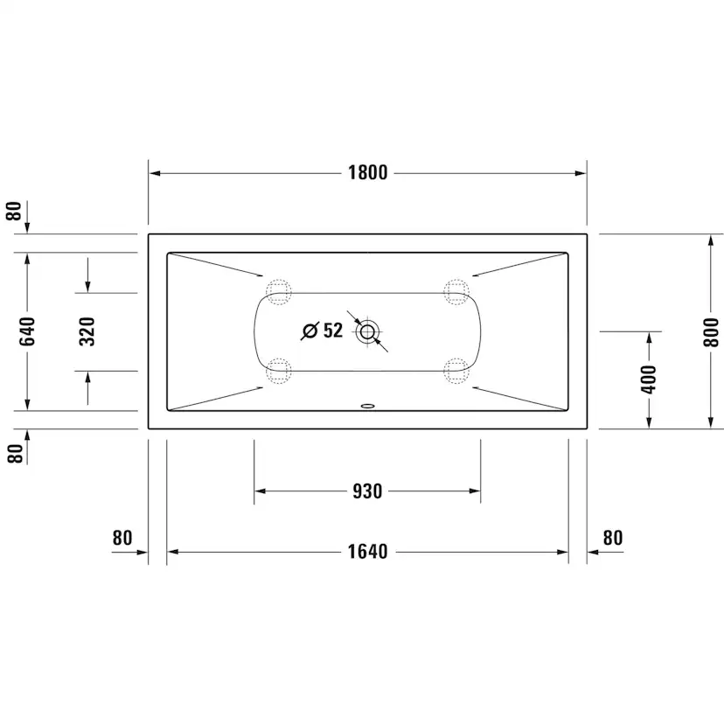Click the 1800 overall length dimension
[x=367, y=172]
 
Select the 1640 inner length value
[x=367, y=552]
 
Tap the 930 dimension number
[x=367, y=491]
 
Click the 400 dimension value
[x=648, y=379]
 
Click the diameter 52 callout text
[x=323, y=331]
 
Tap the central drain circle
[x=367, y=331]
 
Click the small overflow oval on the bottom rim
[x=367, y=407]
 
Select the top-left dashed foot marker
[x=278, y=291]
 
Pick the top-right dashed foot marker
[x=456, y=291]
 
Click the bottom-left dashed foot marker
[x=278, y=371]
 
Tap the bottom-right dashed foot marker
[x=456, y=371]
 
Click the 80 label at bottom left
[x=122, y=538]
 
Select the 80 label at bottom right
[x=613, y=538]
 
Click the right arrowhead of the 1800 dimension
[x=581, y=173]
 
